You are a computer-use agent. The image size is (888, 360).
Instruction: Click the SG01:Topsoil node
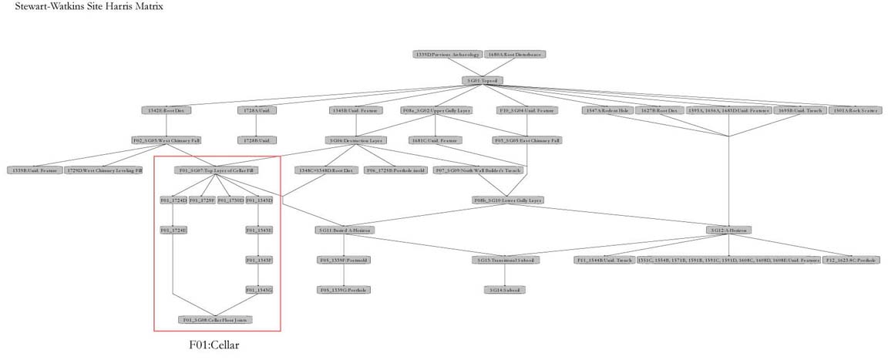pyautogui.click(x=483, y=80)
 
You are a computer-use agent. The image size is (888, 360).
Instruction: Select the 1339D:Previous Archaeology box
pyautogui.click(x=448, y=55)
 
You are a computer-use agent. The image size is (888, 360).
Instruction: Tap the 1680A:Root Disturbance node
pyautogui.click(x=516, y=55)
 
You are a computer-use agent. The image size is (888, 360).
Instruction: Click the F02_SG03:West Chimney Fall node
pyautogui.click(x=167, y=140)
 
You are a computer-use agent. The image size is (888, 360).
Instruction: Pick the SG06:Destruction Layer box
pyautogui.click(x=355, y=140)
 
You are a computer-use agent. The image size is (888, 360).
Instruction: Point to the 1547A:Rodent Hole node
pyautogui.click(x=607, y=110)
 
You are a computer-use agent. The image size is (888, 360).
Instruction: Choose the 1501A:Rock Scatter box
pyautogui.click(x=856, y=110)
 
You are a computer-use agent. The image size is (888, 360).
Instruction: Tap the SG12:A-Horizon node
pyautogui.click(x=729, y=230)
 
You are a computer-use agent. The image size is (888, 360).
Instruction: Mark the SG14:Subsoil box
pyautogui.click(x=505, y=290)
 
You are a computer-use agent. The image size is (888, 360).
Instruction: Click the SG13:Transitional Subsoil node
pyautogui.click(x=505, y=260)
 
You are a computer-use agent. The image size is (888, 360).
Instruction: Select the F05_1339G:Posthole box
pyautogui.click(x=344, y=290)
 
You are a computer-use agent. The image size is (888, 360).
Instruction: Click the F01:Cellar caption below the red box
pyautogui.click(x=214, y=345)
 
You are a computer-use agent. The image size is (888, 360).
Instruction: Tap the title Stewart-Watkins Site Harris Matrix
pyautogui.click(x=89, y=7)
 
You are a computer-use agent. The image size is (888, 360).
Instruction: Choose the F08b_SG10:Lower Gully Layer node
pyautogui.click(x=508, y=200)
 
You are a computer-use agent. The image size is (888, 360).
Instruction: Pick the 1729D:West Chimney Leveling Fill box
pyautogui.click(x=104, y=170)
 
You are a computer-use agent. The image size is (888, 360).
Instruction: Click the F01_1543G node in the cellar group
pyautogui.click(x=259, y=290)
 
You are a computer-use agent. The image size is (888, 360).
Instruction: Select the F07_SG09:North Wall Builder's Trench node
pyautogui.click(x=479, y=170)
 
